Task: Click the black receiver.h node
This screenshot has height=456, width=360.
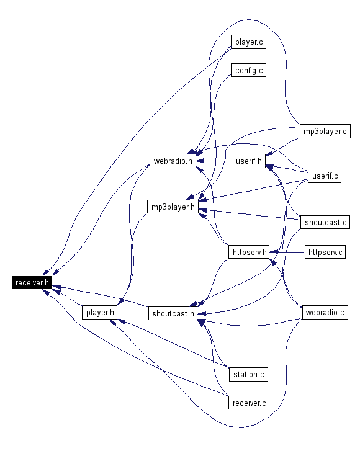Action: click(32, 282)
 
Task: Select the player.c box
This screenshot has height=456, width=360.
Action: click(248, 42)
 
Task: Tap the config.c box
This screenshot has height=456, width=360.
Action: click(248, 70)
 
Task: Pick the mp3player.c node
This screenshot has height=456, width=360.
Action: click(325, 131)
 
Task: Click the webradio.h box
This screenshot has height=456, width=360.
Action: click(173, 161)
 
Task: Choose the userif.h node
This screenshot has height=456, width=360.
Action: click(248, 161)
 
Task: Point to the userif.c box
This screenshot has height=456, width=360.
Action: click(325, 176)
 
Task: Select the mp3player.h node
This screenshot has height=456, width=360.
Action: click(173, 207)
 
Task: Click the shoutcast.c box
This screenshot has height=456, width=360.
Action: click(325, 222)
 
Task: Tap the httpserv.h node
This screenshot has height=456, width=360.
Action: click(249, 252)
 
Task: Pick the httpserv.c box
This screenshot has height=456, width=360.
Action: click(325, 252)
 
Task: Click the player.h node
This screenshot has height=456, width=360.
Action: click(99, 312)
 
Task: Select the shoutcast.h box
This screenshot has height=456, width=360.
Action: click(173, 313)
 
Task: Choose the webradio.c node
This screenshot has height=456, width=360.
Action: click(325, 312)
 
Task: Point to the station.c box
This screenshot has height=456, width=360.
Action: click(248, 374)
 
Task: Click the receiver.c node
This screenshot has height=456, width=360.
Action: click(249, 403)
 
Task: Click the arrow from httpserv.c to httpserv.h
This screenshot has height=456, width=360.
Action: click(287, 252)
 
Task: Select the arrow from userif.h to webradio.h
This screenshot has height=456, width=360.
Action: click(214, 161)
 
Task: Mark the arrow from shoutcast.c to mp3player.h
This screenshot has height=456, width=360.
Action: click(250, 214)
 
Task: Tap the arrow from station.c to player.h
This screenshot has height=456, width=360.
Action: click(173, 344)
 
